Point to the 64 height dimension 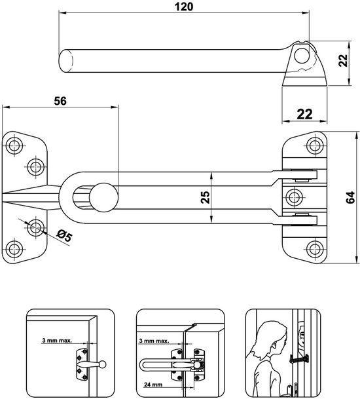coord(352,198)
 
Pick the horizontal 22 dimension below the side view coord(304,113)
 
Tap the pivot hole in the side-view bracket coord(302,57)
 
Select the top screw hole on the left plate coord(14,143)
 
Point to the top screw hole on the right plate coord(315,143)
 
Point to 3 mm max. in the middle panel coord(154,341)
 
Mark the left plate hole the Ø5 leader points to coord(35,227)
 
